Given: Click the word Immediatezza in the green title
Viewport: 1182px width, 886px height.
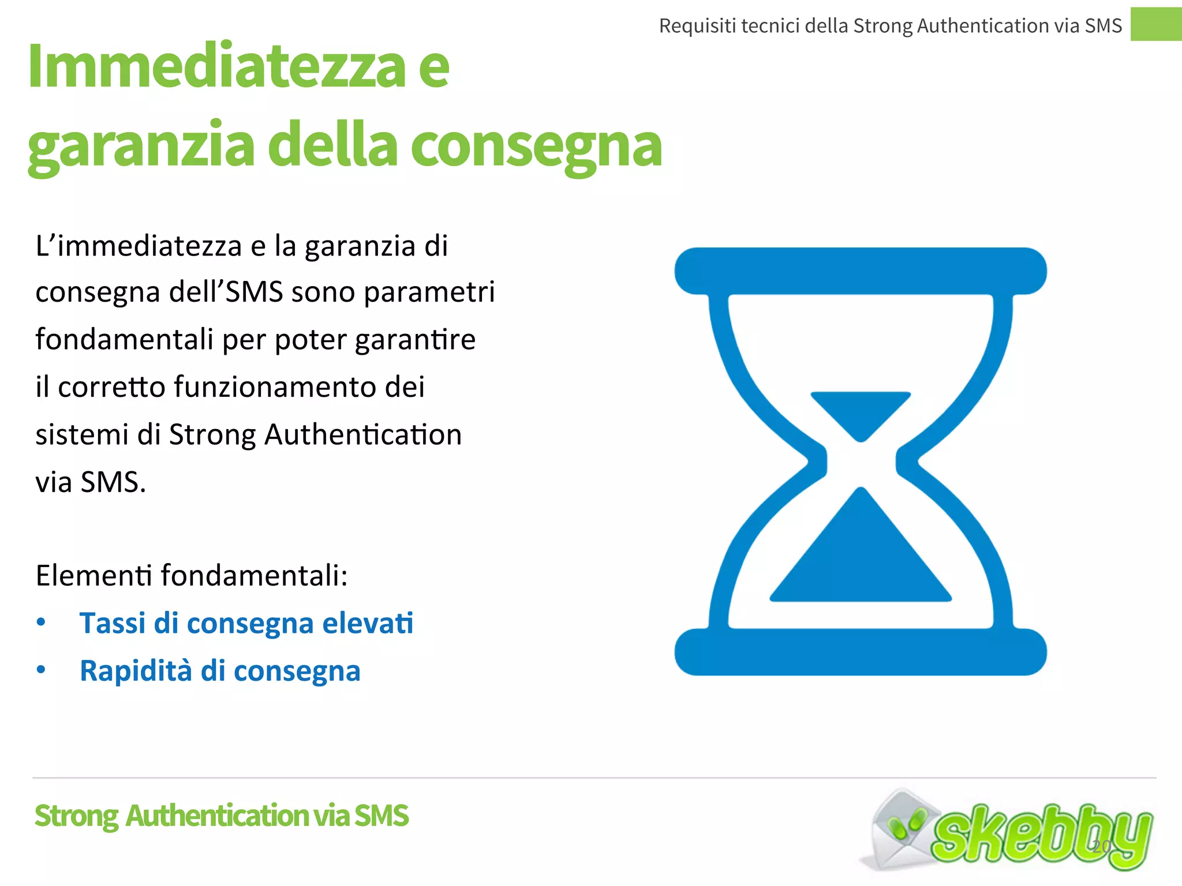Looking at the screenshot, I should click(216, 66).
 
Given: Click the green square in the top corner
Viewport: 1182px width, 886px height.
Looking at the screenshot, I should click(1155, 24).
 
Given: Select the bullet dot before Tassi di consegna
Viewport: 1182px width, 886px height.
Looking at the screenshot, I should click(41, 622).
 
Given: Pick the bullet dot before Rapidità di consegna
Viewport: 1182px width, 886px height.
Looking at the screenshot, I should click(41, 670).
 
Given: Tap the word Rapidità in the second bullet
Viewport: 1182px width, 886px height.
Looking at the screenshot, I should click(136, 671).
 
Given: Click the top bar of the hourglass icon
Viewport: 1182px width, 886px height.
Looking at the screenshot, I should click(860, 271).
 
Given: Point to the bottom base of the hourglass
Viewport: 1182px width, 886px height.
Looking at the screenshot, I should click(860, 652).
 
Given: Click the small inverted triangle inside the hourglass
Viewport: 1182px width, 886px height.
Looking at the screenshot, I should click(861, 412).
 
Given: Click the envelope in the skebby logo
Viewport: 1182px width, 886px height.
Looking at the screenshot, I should click(895, 831).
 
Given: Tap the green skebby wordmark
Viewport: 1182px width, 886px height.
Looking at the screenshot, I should click(1039, 836).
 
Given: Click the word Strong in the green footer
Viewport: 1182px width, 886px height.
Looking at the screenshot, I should click(77, 816).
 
